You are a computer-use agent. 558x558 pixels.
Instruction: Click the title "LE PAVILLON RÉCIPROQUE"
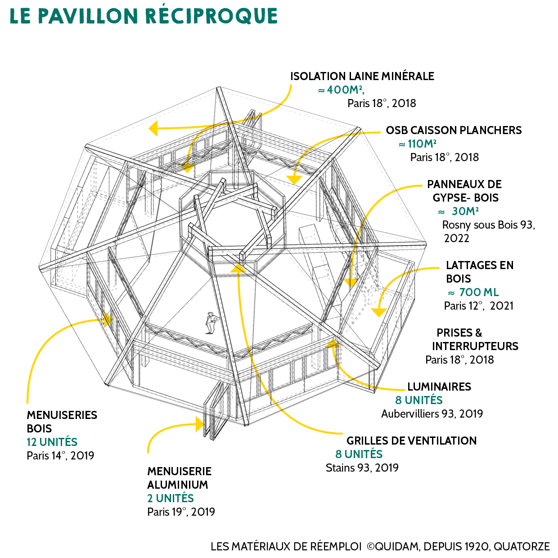tap(144, 16)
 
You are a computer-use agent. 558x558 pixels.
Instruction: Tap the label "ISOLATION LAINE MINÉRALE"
tap(362, 76)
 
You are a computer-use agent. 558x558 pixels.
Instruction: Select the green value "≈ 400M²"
tap(341, 90)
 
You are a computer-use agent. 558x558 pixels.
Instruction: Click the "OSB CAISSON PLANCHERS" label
tap(454, 130)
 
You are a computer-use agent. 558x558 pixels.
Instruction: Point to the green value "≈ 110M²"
tap(417, 144)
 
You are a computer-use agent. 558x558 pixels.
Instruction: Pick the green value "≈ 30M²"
tap(459, 211)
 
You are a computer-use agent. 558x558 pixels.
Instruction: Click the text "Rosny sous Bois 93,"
tap(488, 225)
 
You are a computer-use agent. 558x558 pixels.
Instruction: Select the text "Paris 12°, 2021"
tap(478, 306)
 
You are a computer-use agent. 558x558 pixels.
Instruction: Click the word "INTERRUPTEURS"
tap(475, 346)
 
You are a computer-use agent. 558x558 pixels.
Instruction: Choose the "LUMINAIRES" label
tap(439, 387)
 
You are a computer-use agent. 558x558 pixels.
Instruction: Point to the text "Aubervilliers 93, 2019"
tap(432, 414)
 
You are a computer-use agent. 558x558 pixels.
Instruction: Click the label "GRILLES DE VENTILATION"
tap(411, 441)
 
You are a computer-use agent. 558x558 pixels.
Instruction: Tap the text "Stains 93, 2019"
tap(362, 468)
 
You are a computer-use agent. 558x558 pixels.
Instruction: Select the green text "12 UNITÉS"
tap(52, 442)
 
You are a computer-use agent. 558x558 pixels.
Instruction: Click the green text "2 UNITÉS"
tap(171, 499)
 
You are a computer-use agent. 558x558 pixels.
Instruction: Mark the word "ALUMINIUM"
tap(178, 485)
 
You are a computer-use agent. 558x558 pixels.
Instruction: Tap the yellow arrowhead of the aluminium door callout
tap(199, 424)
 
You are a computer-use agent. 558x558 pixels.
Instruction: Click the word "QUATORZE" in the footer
tap(522, 547)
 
